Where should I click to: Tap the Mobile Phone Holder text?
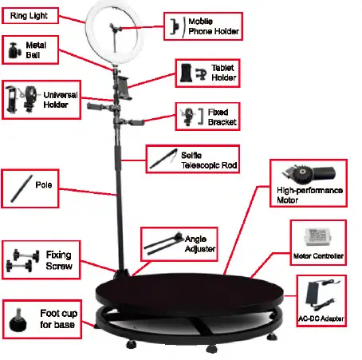214,26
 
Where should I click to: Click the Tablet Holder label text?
221,72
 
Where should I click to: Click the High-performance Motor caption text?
309,196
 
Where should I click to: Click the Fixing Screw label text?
59,259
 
